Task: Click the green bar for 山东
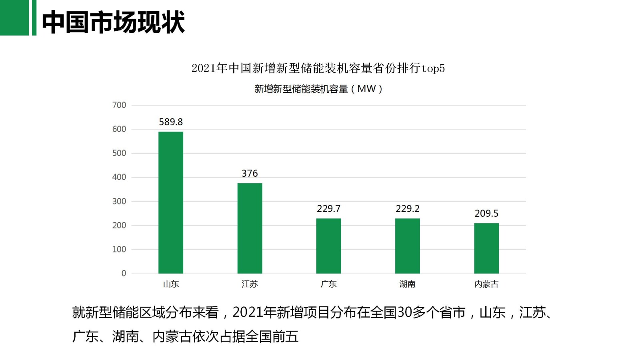[x=171, y=202]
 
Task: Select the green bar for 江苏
[x=250, y=228]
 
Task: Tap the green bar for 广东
[x=328, y=246]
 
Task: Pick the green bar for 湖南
[x=407, y=246]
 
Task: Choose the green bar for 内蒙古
[x=486, y=248]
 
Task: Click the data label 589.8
[x=171, y=122]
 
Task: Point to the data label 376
[x=250, y=174]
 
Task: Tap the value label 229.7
[x=328, y=209]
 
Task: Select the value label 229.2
[x=407, y=209]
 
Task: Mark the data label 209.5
[x=486, y=214]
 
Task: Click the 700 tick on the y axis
[x=119, y=105]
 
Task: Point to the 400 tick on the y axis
[x=119, y=177]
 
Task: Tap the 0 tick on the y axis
[x=124, y=274]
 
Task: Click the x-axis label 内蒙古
[x=486, y=284]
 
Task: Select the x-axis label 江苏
[x=250, y=284]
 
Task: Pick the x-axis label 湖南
[x=407, y=284]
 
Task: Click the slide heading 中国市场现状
[x=113, y=22]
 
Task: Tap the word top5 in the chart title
[x=433, y=68]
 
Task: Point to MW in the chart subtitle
[x=366, y=89]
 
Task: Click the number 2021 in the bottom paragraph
[x=248, y=312]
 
